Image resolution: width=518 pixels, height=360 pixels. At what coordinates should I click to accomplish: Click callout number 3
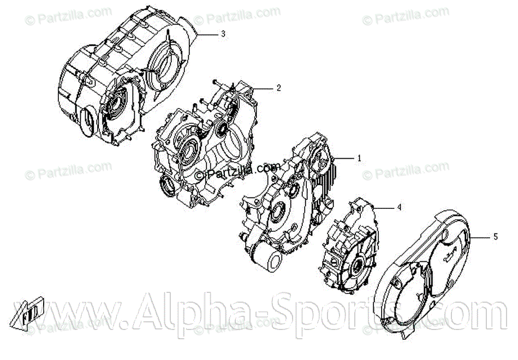[x=223, y=33]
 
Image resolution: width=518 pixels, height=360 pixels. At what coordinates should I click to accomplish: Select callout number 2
[x=278, y=87]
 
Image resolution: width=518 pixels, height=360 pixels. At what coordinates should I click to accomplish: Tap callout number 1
[x=359, y=158]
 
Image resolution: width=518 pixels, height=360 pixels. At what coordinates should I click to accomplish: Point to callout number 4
[x=399, y=207]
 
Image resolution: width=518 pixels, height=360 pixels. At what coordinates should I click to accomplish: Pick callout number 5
[x=496, y=237]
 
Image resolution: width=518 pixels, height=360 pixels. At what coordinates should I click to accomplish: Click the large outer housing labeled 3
[x=126, y=82]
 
